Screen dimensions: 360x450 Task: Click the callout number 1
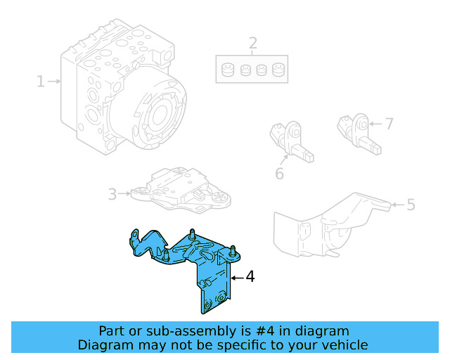tap(41, 82)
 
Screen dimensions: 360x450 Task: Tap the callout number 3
tap(112, 193)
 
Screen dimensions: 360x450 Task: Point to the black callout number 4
tap(250, 277)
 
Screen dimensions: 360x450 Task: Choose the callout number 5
tap(411, 205)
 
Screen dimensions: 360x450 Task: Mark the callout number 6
tap(279, 172)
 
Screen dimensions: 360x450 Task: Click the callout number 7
tap(388, 124)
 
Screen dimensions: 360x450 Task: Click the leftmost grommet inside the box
tap(228, 70)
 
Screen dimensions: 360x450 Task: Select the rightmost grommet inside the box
tap(278, 70)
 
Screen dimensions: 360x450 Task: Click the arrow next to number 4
tap(236, 278)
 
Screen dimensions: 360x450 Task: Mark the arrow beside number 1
tap(54, 82)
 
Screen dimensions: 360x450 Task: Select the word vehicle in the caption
tap(344, 345)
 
